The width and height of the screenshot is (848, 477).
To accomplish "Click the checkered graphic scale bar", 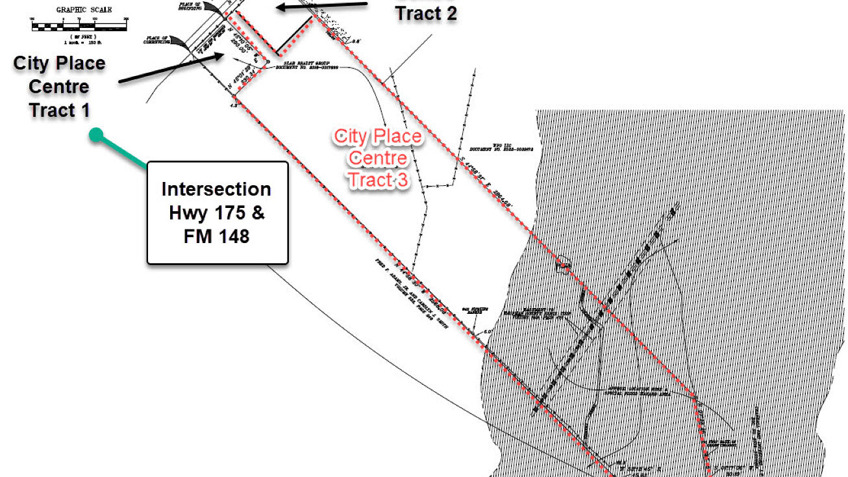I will click(78, 27).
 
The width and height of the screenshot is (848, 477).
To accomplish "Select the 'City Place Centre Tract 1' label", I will click(59, 87).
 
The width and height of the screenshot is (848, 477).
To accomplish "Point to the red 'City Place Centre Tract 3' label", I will click(378, 158).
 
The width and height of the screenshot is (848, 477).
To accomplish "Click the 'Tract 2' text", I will click(427, 13).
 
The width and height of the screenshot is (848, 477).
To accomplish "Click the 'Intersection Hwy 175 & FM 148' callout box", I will click(217, 213).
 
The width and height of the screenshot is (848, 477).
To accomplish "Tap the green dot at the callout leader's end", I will click(96, 135).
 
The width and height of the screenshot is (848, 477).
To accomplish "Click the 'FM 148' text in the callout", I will click(217, 236).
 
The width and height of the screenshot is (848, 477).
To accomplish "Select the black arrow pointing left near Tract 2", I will click(322, 6).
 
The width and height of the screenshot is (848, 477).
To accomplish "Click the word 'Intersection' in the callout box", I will click(217, 189).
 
